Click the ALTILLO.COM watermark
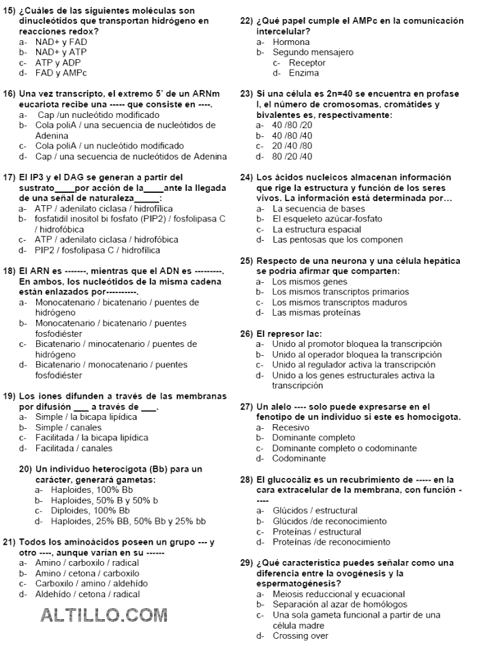pos(104,616)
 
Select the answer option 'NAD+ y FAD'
pos(61,42)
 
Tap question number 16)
pos(10,93)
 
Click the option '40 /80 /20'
pos(292,125)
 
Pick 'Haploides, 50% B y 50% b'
pos(105,500)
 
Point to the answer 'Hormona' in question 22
pos(291,42)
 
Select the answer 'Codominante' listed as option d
pos(298,459)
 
